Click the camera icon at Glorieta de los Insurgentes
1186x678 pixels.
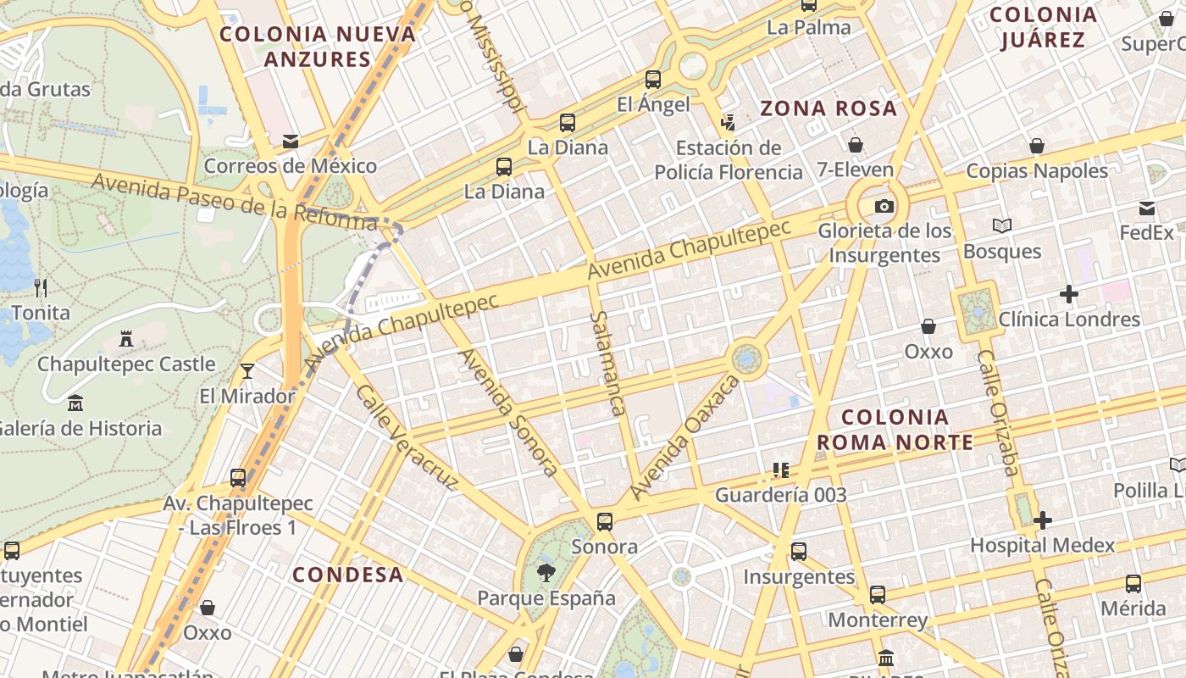pyautogui.click(x=884, y=206)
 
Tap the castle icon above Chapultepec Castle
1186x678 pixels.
pyautogui.click(x=126, y=339)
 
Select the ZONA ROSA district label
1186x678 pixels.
pyautogui.click(x=828, y=108)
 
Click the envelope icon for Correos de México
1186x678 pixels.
pyautogui.click(x=291, y=141)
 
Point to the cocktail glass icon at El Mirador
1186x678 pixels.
pyautogui.click(x=247, y=371)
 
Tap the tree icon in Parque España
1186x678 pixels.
pyautogui.click(x=546, y=573)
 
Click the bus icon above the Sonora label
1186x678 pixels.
pyautogui.click(x=604, y=521)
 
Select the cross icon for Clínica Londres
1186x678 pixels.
pyautogui.click(x=1069, y=295)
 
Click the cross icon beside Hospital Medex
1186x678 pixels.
pyautogui.click(x=1043, y=520)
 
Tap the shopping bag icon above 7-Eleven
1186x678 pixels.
pyautogui.click(x=856, y=145)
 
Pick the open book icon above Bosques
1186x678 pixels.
pyautogui.click(x=1002, y=226)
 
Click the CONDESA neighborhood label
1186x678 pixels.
pyautogui.click(x=348, y=575)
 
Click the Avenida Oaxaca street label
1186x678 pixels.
pyautogui.click(x=684, y=438)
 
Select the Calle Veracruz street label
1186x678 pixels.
pyautogui.click(x=407, y=437)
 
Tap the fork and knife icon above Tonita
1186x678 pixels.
pyautogui.click(x=41, y=287)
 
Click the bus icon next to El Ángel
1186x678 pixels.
pyautogui.click(x=652, y=80)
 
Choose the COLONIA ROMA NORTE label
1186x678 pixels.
pyautogui.click(x=895, y=429)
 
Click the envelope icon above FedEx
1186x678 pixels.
pyautogui.click(x=1147, y=208)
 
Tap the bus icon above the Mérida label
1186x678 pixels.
pyautogui.click(x=1133, y=583)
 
